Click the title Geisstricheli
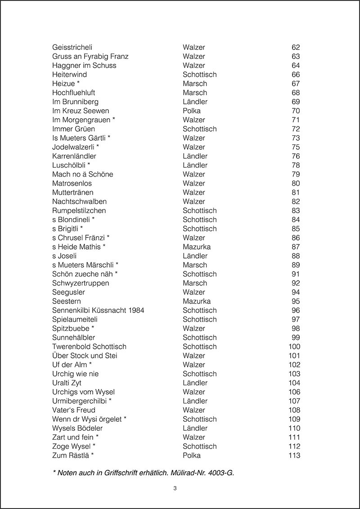pyautogui.click(x=72, y=47)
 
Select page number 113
pyautogui.click(x=294, y=455)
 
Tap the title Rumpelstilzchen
pyautogui.click(x=79, y=210)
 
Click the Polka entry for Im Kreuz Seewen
pyautogui.click(x=192, y=111)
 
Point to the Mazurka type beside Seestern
pyautogui.click(x=197, y=301)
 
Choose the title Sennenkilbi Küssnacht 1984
pyautogui.click(x=98, y=310)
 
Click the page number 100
pyautogui.click(x=294, y=347)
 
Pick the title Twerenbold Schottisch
pyautogui.click(x=89, y=347)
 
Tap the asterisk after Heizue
pyautogui.click(x=78, y=83)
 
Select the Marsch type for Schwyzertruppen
pyautogui.click(x=195, y=283)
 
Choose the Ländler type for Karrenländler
pyautogui.click(x=195, y=156)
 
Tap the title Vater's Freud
pyautogui.click(x=74, y=410)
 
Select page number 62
pyautogui.click(x=296, y=47)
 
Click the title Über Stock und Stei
pyautogui.click(x=85, y=356)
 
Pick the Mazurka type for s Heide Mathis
pyautogui.click(x=197, y=247)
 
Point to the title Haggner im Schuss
pyautogui.click(x=84, y=65)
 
